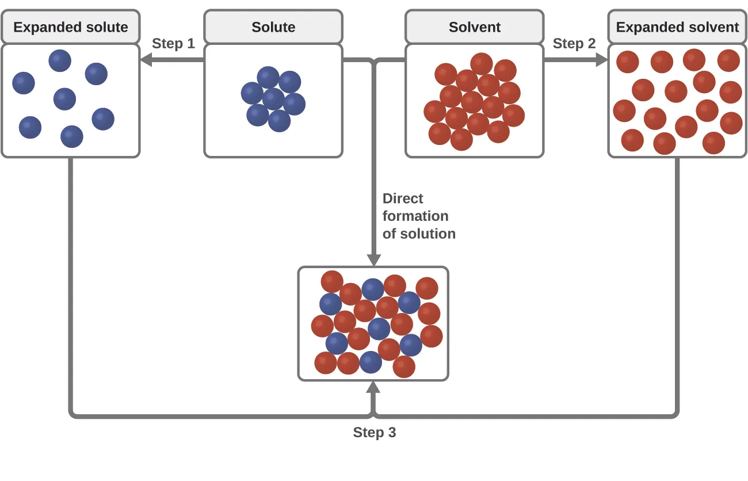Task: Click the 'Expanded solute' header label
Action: coord(71,27)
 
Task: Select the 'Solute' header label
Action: coord(273,27)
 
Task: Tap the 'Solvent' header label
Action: coord(475,27)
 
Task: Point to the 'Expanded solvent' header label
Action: coord(677,27)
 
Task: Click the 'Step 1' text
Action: coord(173,44)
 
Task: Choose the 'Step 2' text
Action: coord(574,44)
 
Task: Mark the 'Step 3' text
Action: coord(375,433)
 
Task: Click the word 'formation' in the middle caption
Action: coord(415,216)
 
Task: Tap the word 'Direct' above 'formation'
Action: coord(403,198)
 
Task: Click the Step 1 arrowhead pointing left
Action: coord(146,59)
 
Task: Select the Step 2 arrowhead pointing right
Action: coord(602,59)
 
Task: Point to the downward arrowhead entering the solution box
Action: coord(374,260)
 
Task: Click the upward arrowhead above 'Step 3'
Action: coord(374,388)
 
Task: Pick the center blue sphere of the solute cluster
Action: coord(273,99)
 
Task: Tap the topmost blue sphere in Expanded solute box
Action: coord(60,60)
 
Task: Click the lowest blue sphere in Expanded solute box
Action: coord(72,136)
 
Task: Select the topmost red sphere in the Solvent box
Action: coord(482,64)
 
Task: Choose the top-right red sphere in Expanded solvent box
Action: coord(728,60)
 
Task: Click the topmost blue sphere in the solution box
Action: coord(373,289)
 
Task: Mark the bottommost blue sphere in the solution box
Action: coord(371,362)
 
